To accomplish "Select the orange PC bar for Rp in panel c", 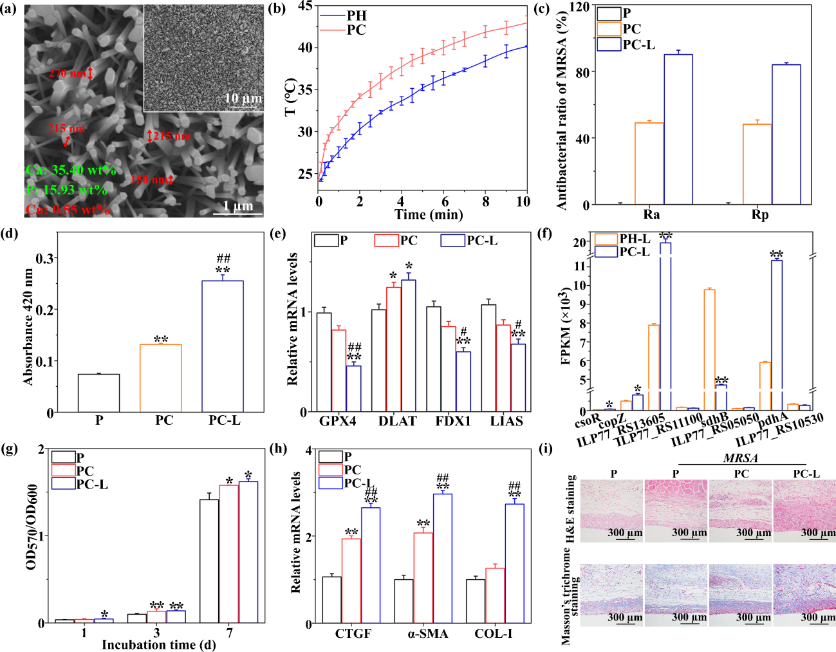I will (x=757, y=164).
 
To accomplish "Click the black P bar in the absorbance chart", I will (x=98, y=393).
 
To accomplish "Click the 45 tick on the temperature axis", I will (x=304, y=6).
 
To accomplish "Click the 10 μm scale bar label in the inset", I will (x=243, y=98).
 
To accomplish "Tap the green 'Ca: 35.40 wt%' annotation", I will (x=71, y=171).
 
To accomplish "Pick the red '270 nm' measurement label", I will (x=67, y=73).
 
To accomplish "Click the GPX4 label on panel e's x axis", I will (x=337, y=422).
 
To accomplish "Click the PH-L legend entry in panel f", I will (x=634, y=239).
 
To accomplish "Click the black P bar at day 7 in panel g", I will (x=209, y=561).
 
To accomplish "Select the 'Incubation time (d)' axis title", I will (x=158, y=645).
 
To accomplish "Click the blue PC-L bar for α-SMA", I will (x=442, y=557).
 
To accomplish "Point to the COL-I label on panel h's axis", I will (x=494, y=634).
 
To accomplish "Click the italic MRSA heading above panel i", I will (x=741, y=458).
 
